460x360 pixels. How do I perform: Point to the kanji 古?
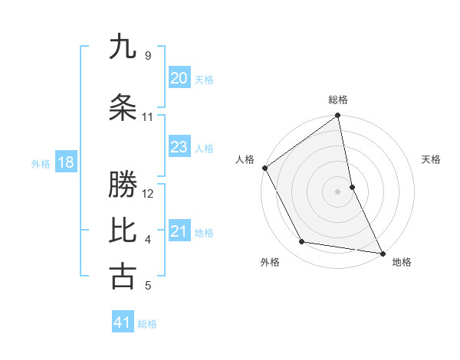(123, 277)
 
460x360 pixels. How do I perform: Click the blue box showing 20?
(179, 78)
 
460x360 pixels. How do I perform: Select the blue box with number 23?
(179, 147)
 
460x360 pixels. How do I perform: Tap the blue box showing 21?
(179, 231)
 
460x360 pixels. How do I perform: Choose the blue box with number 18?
(65, 162)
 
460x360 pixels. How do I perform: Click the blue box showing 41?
(123, 322)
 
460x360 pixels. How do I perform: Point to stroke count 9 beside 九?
(147, 56)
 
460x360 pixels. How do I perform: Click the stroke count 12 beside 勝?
(149, 193)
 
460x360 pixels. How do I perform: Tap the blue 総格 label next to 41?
(147, 324)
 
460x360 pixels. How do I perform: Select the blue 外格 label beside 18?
(41, 164)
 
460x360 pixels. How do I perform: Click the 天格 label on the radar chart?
(432, 159)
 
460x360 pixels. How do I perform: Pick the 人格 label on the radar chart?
(245, 159)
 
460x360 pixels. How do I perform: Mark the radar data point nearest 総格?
(337, 116)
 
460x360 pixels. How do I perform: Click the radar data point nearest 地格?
(382, 252)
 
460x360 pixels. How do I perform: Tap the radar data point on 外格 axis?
(301, 242)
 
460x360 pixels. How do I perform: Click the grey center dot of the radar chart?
(337, 191)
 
